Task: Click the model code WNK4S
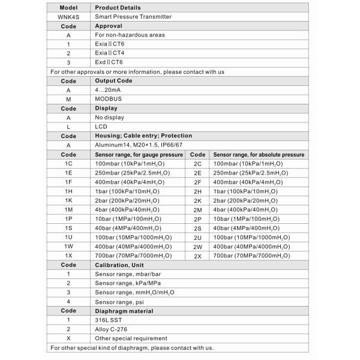(68, 17)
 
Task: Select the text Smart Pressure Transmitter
(133, 17)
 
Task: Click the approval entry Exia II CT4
(109, 53)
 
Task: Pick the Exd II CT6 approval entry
(109, 62)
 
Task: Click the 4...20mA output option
(107, 90)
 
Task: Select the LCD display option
(100, 127)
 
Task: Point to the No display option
(110, 118)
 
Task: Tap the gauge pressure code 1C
(68, 163)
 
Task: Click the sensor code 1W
(68, 246)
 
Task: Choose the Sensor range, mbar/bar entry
(128, 274)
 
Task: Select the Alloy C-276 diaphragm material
(110, 329)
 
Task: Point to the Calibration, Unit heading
(119, 265)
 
